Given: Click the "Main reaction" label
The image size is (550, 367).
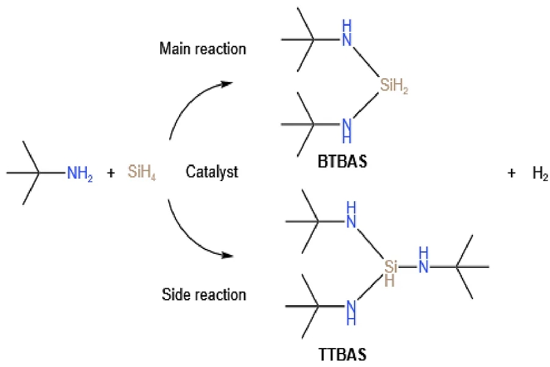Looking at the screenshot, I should pyautogui.click(x=202, y=48).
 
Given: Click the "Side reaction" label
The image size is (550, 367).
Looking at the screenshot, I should pyautogui.click(x=204, y=295).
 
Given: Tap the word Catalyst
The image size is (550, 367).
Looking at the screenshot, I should pyautogui.click(x=211, y=172).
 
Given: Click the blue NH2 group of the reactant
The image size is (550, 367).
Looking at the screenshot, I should pyautogui.click(x=80, y=174).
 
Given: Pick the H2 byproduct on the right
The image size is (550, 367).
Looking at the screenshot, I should pyautogui.click(x=540, y=173).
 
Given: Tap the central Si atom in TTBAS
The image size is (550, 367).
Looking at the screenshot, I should pyautogui.click(x=392, y=267).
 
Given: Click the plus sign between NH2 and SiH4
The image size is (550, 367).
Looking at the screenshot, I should pyautogui.click(x=111, y=173).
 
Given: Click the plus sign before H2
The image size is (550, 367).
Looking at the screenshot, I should pyautogui.click(x=511, y=173).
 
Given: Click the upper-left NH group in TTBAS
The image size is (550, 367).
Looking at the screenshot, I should pyautogui.click(x=351, y=214).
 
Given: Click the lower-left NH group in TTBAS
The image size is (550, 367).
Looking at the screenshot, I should pyautogui.click(x=351, y=308).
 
